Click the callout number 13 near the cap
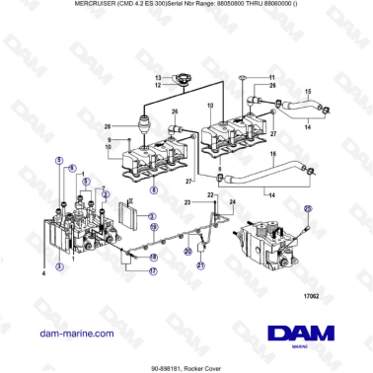[x=157, y=77]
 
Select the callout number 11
[x=268, y=76]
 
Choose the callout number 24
[x=233, y=201]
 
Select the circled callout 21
[x=199, y=266]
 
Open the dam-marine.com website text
[x=75, y=334]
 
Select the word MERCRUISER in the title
[x=73, y=5]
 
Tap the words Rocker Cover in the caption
[x=207, y=365]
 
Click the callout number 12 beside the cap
[x=157, y=86]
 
